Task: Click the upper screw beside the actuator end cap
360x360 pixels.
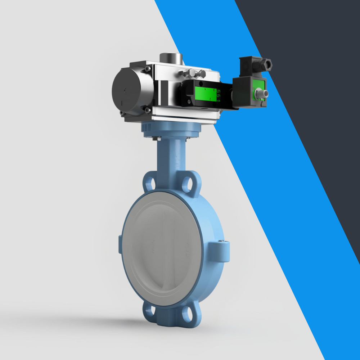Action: pos(147,68)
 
